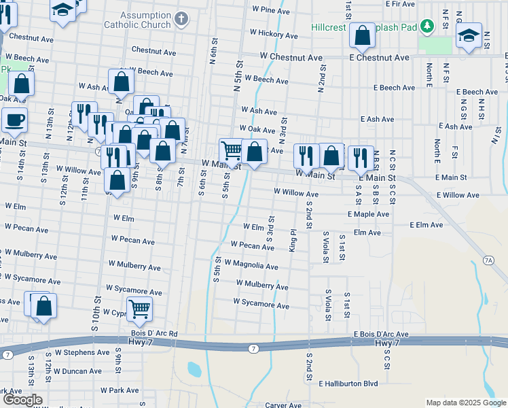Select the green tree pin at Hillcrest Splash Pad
point(427,27)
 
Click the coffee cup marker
point(14,120)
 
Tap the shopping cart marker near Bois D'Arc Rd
point(139,309)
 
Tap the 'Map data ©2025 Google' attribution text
point(465,403)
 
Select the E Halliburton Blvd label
point(347,384)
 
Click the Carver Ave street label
point(283,405)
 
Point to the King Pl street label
point(293,240)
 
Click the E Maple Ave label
point(368,214)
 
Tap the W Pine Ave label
point(271,10)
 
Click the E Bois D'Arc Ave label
point(381,335)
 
